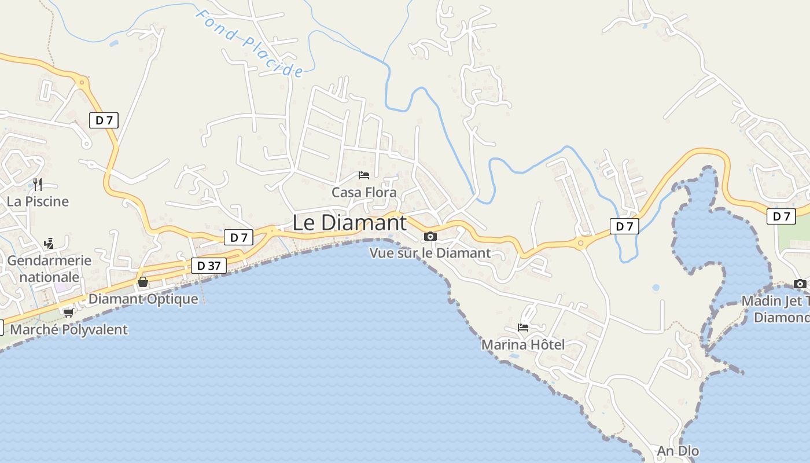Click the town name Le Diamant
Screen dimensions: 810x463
click(349, 223)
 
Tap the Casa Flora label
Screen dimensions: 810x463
click(364, 192)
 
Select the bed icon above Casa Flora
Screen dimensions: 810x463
click(364, 175)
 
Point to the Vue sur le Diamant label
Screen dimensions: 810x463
click(430, 253)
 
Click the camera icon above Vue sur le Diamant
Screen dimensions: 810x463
click(430, 236)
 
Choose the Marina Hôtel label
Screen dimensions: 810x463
click(523, 345)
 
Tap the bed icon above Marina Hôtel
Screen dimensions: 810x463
click(523, 328)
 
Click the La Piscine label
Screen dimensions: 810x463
click(38, 201)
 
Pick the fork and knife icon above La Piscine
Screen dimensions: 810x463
click(38, 185)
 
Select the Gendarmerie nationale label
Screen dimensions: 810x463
click(49, 269)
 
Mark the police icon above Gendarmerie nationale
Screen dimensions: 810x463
click(49, 244)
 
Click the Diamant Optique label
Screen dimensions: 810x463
click(143, 299)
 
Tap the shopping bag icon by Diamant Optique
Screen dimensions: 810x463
click(143, 282)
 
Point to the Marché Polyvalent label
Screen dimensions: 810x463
click(69, 330)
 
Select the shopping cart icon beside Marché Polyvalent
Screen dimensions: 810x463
click(68, 313)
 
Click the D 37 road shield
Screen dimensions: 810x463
click(208, 266)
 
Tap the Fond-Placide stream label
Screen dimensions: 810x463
click(249, 43)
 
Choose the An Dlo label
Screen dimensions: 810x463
click(678, 451)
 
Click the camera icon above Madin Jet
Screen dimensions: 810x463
click(800, 284)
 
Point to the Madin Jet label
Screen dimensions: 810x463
click(775, 302)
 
